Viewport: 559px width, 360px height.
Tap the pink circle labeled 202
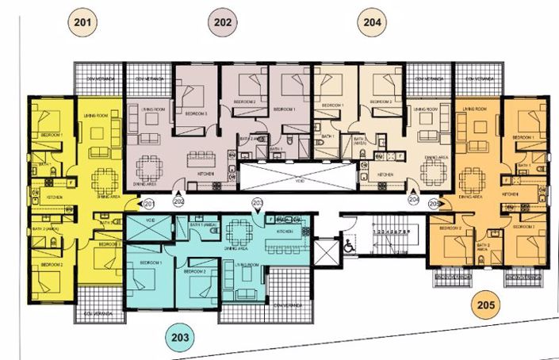tap(224, 22)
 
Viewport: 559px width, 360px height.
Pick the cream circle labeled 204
tap(372, 22)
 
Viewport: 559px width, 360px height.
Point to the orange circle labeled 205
tap(485, 304)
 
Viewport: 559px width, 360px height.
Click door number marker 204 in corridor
tap(414, 202)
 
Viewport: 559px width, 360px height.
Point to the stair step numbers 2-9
tap(391, 232)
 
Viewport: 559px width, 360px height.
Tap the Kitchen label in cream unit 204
tap(386, 174)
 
